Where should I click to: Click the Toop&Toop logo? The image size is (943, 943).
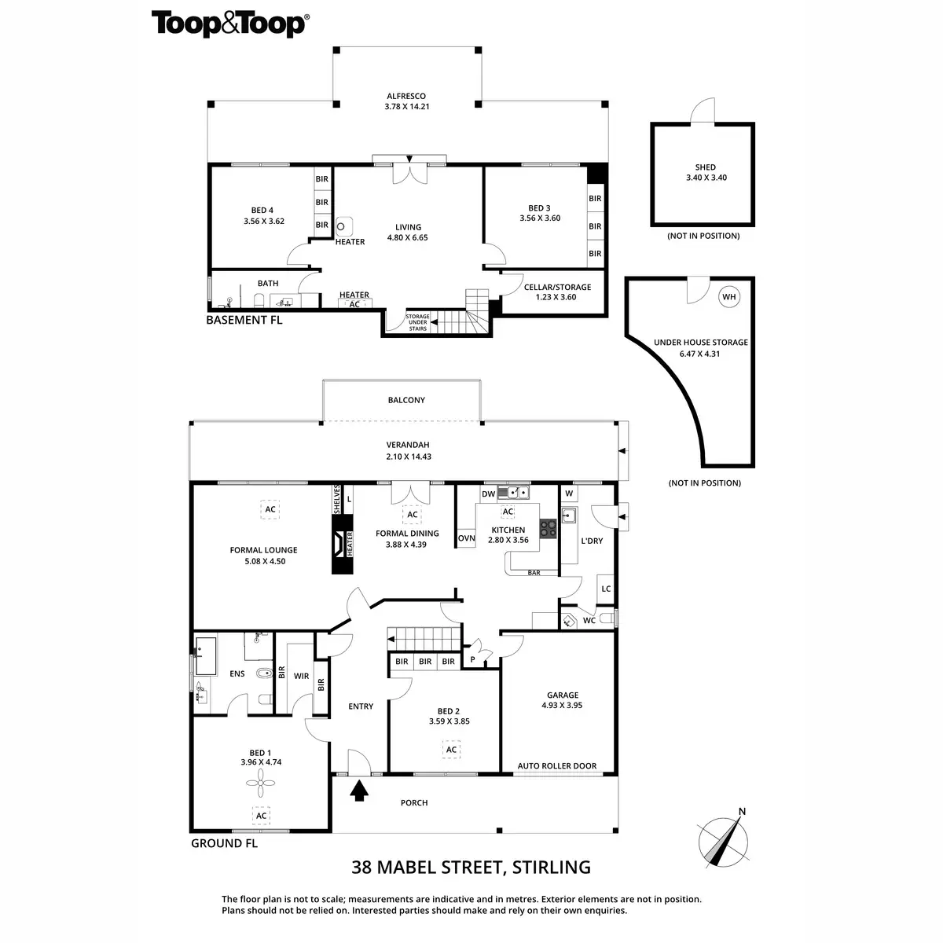click(x=229, y=24)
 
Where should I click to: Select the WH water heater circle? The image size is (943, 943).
click(x=729, y=296)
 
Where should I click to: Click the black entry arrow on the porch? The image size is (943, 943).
click(x=359, y=790)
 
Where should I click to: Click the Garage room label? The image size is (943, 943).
click(x=562, y=695)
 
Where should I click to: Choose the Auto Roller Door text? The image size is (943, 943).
click(x=556, y=765)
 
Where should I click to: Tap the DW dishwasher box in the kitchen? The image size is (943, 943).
click(x=488, y=494)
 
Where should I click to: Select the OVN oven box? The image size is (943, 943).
click(x=466, y=538)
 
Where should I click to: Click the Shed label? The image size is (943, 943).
click(x=705, y=167)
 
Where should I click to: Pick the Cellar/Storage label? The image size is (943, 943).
click(x=557, y=287)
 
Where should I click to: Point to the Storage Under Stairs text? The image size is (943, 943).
click(x=417, y=322)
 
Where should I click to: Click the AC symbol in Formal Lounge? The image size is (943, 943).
click(x=270, y=509)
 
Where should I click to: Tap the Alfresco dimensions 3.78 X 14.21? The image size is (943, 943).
click(x=406, y=106)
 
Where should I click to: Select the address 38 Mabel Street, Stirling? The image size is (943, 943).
click(x=471, y=868)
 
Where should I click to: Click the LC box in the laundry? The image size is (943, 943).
click(x=605, y=589)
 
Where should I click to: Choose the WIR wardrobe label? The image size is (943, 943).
click(x=301, y=675)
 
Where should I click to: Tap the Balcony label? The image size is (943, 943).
click(x=406, y=400)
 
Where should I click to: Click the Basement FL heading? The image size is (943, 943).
click(x=244, y=320)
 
